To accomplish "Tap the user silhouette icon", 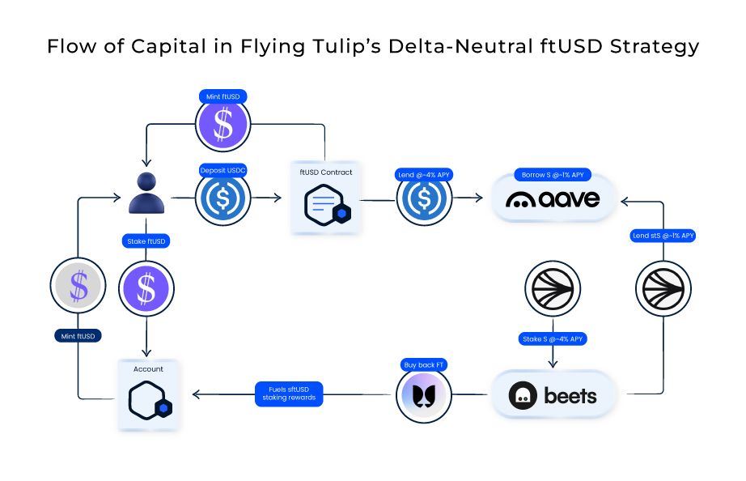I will coord(146,193).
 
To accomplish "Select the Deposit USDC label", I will coord(223,171).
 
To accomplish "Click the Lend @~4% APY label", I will coord(424,174).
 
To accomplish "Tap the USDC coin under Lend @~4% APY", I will coord(424,199).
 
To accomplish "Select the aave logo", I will coord(553,198).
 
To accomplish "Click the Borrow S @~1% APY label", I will coord(553,175).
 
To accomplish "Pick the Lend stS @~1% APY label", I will coord(663,236).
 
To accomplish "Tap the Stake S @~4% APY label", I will coord(553,338).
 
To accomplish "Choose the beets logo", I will coord(553,396).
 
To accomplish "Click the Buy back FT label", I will coord(424,365).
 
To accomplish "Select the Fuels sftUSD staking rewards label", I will coord(289,394).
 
